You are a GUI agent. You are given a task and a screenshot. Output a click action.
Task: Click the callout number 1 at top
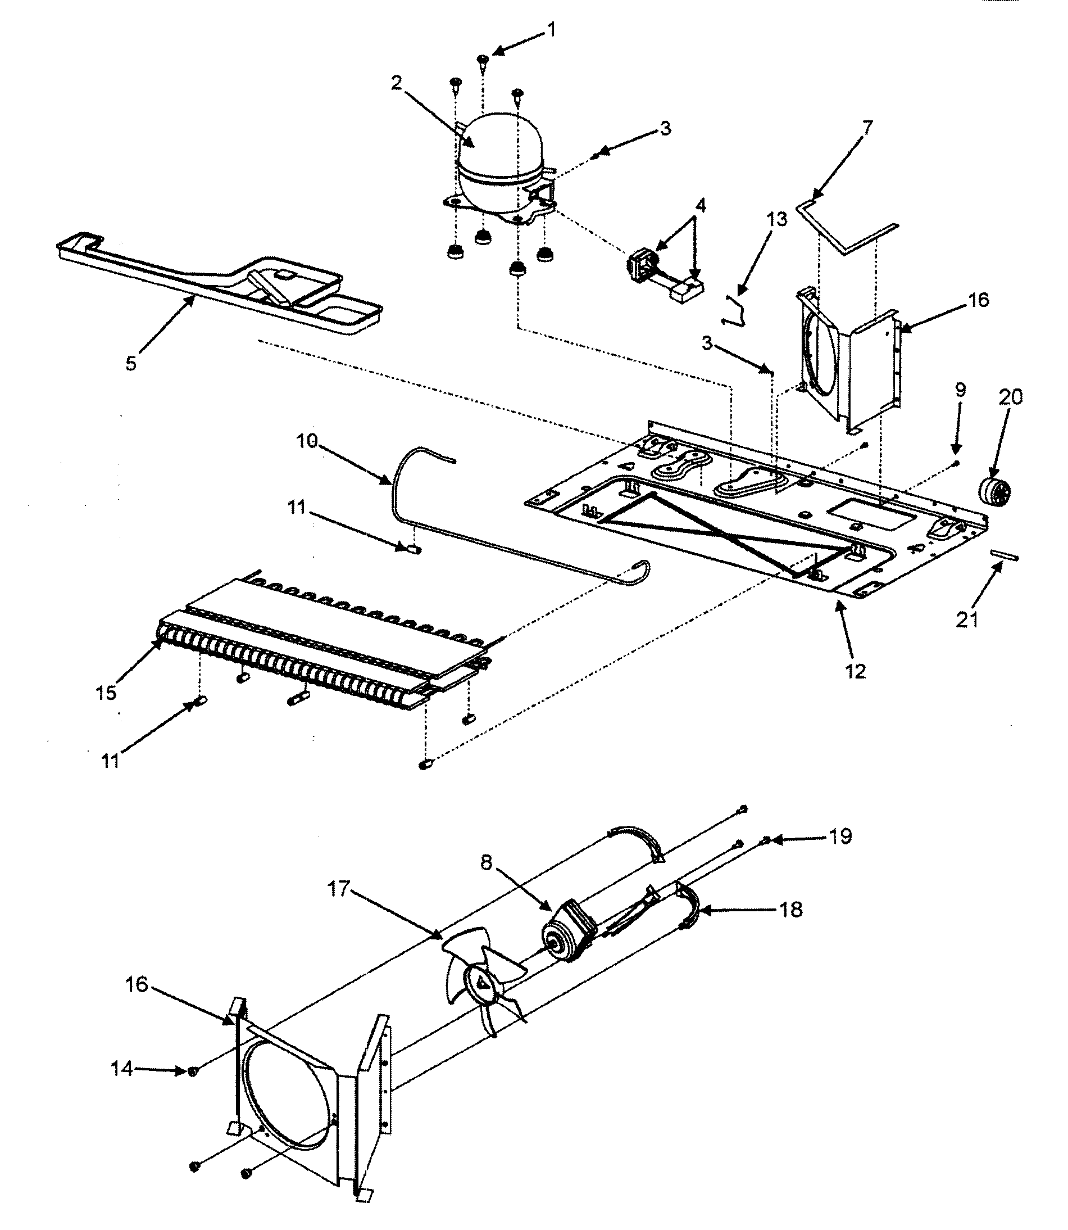coord(551,29)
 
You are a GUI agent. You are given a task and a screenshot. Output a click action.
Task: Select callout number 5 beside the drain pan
coord(131,363)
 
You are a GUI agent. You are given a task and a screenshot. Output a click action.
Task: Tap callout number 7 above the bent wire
coord(867,128)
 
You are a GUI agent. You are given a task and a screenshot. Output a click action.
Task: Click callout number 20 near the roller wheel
coord(1010,397)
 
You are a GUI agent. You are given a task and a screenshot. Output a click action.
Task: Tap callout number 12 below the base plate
coord(855,671)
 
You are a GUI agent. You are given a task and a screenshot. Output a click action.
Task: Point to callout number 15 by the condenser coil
coord(106,693)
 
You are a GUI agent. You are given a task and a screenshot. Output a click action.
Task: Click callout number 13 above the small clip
coord(776,219)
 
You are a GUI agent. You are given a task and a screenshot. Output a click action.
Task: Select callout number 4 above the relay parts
coord(701,206)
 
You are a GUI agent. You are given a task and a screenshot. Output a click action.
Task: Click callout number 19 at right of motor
coord(841,836)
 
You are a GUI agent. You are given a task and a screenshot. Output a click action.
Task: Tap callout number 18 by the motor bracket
coord(791,910)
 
